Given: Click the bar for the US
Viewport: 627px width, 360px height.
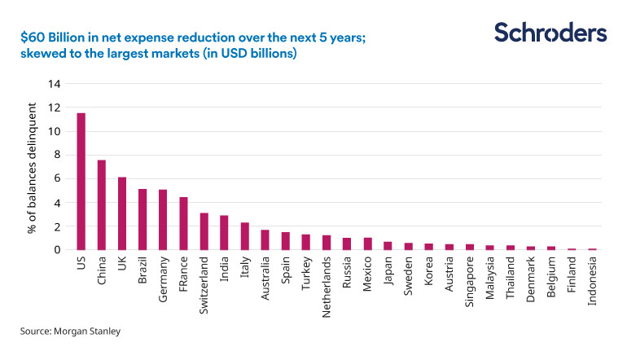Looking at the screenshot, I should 81,182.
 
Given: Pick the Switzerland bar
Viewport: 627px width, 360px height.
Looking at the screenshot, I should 204,231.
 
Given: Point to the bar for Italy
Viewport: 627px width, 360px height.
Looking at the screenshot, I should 244,236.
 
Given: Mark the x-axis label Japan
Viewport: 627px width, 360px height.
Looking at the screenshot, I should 388,269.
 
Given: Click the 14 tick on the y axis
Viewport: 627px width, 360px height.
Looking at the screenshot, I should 55,84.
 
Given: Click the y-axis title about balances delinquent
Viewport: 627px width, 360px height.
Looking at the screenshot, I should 32,167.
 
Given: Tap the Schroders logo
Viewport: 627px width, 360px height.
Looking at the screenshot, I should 550,33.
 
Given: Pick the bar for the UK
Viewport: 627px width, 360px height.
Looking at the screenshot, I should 122,213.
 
